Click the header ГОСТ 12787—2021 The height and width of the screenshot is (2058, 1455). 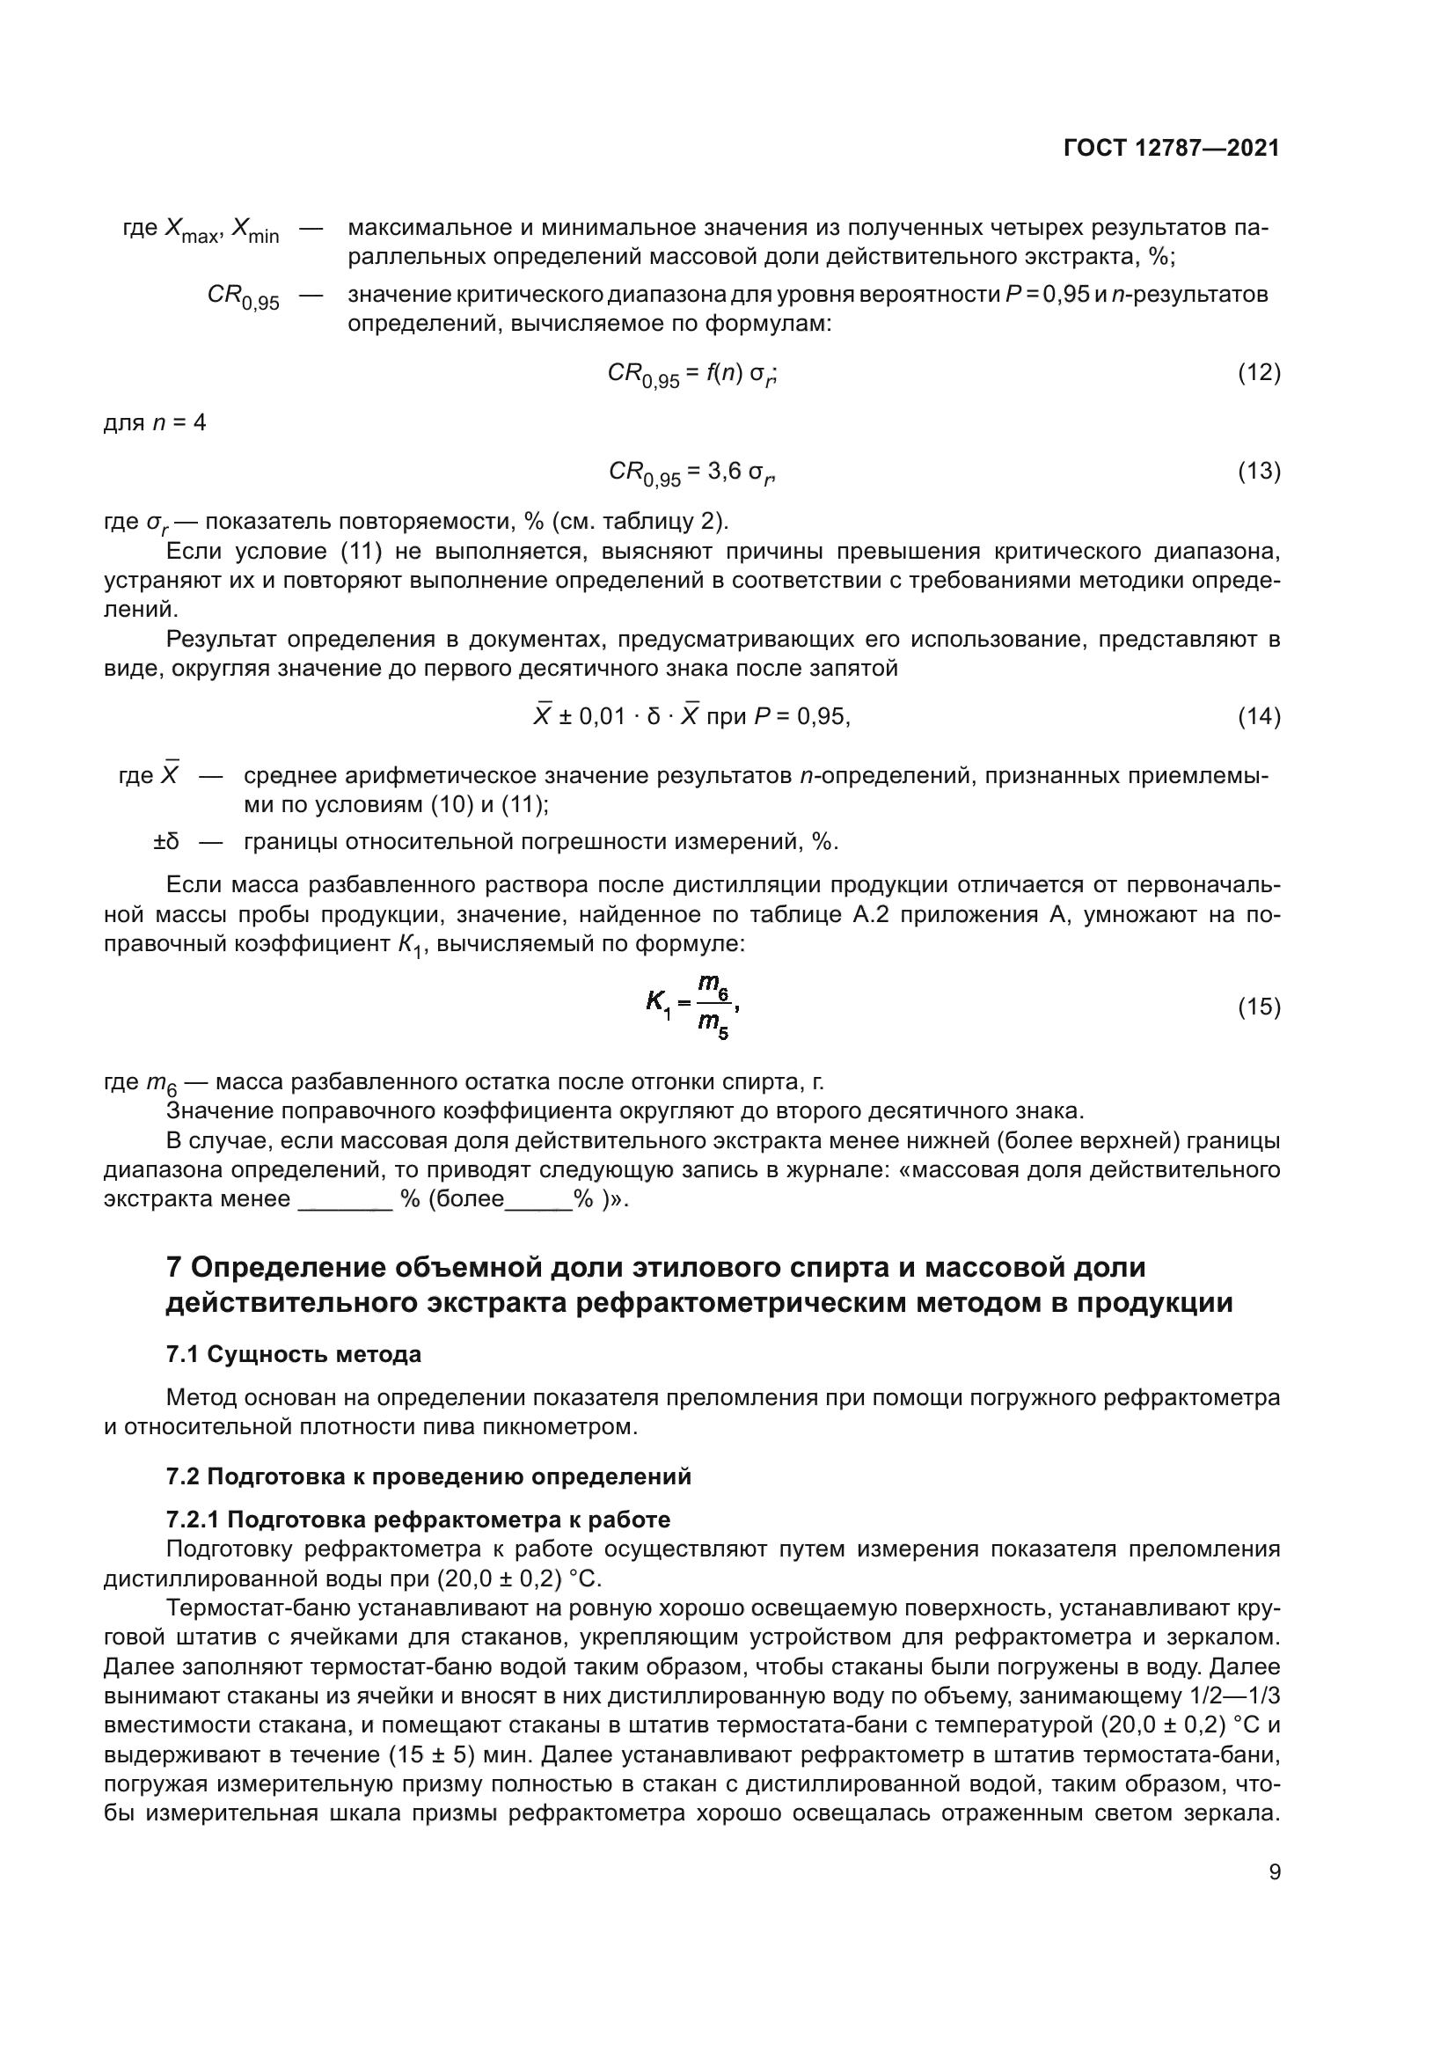(x=1171, y=148)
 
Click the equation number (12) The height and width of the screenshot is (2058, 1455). (x=1259, y=372)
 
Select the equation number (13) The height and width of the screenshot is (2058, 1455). (x=1259, y=471)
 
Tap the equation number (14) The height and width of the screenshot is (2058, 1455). (x=1259, y=716)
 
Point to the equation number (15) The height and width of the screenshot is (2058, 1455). (x=1259, y=1007)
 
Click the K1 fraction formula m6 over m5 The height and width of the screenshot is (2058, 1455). (x=693, y=1006)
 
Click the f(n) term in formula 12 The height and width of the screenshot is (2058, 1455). (x=724, y=372)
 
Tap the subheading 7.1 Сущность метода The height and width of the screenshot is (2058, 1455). (x=293, y=1353)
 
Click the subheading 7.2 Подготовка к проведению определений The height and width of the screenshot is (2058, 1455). (x=428, y=1476)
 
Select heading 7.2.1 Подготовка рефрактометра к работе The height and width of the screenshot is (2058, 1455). (x=418, y=1520)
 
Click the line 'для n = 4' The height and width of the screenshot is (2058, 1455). (x=155, y=422)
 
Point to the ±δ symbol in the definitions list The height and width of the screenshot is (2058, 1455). (x=165, y=842)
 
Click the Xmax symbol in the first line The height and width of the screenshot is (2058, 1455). (x=191, y=231)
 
